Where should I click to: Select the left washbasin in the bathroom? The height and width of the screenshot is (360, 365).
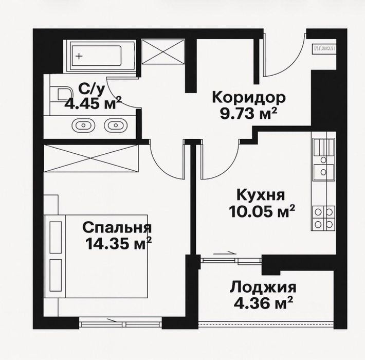point(83,124)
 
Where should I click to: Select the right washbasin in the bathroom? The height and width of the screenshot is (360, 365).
point(114,124)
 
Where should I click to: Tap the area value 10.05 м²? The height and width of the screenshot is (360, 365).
point(262,210)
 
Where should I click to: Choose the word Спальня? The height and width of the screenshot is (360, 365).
point(117,227)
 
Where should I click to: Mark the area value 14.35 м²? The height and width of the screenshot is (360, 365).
point(119,242)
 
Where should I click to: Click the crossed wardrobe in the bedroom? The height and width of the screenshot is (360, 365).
point(92,156)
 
